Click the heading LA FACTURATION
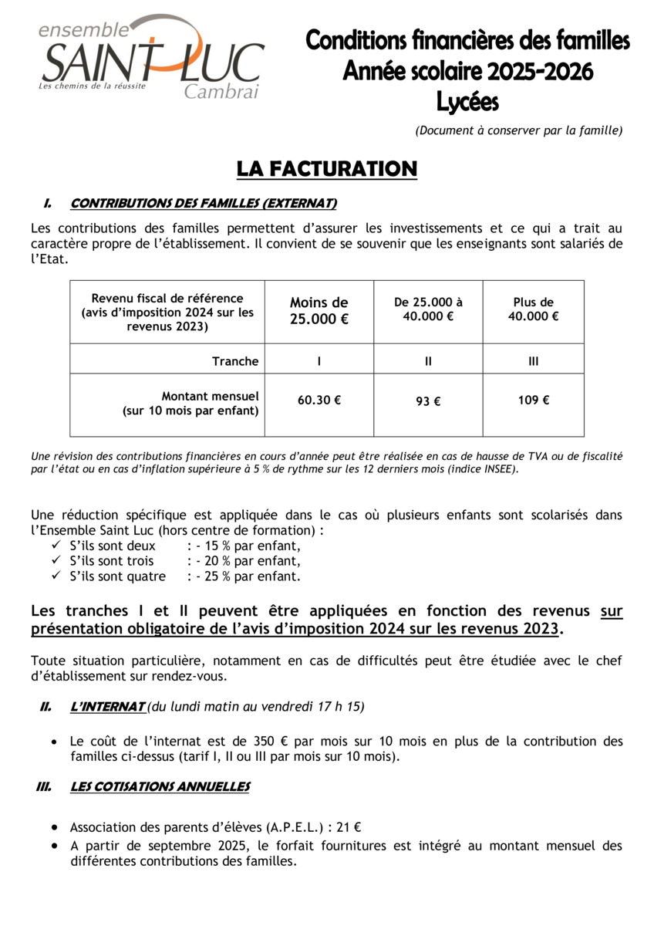pos(327,169)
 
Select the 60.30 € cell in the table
pos(319,400)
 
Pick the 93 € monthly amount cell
pos(428,401)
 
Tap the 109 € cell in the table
pos(534,400)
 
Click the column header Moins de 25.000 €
pos(319,311)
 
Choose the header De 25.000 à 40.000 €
pos(428,309)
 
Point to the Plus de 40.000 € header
pos(534,309)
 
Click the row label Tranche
pos(235,361)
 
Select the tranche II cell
pos(428,361)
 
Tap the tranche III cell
pos(534,361)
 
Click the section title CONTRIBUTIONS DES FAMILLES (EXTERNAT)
pos(204,204)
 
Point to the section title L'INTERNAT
pos(107,706)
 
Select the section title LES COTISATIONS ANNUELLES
pos(160,786)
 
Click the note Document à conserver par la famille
pos(518,130)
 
